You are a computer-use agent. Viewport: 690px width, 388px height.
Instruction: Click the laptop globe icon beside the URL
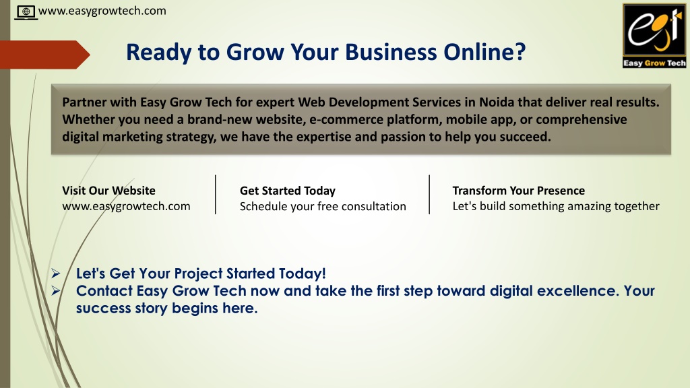click(26, 12)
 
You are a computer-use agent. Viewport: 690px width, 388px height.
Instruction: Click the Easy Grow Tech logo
click(654, 36)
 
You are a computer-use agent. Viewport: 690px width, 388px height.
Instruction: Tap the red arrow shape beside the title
click(45, 55)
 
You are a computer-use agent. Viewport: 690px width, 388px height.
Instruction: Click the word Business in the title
click(391, 52)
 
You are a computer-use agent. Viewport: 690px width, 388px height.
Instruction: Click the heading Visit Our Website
click(108, 191)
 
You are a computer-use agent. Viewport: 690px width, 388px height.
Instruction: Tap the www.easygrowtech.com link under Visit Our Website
click(126, 206)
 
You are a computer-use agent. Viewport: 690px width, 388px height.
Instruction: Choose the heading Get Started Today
click(287, 191)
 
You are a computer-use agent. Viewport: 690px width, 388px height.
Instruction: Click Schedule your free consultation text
click(323, 206)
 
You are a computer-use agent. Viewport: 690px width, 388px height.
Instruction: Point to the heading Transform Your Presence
click(518, 191)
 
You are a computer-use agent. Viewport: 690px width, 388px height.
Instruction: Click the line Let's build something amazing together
click(556, 206)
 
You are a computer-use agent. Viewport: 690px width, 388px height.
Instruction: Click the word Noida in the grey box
click(497, 102)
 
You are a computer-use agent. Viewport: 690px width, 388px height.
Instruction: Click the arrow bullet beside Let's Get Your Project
click(55, 273)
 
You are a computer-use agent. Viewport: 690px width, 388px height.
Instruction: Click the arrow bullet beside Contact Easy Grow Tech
click(55, 291)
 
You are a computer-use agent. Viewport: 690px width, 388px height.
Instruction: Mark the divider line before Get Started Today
click(215, 195)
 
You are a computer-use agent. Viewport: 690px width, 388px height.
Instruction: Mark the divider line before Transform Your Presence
click(429, 195)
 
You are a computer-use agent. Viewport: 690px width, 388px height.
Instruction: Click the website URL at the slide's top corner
click(102, 11)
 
